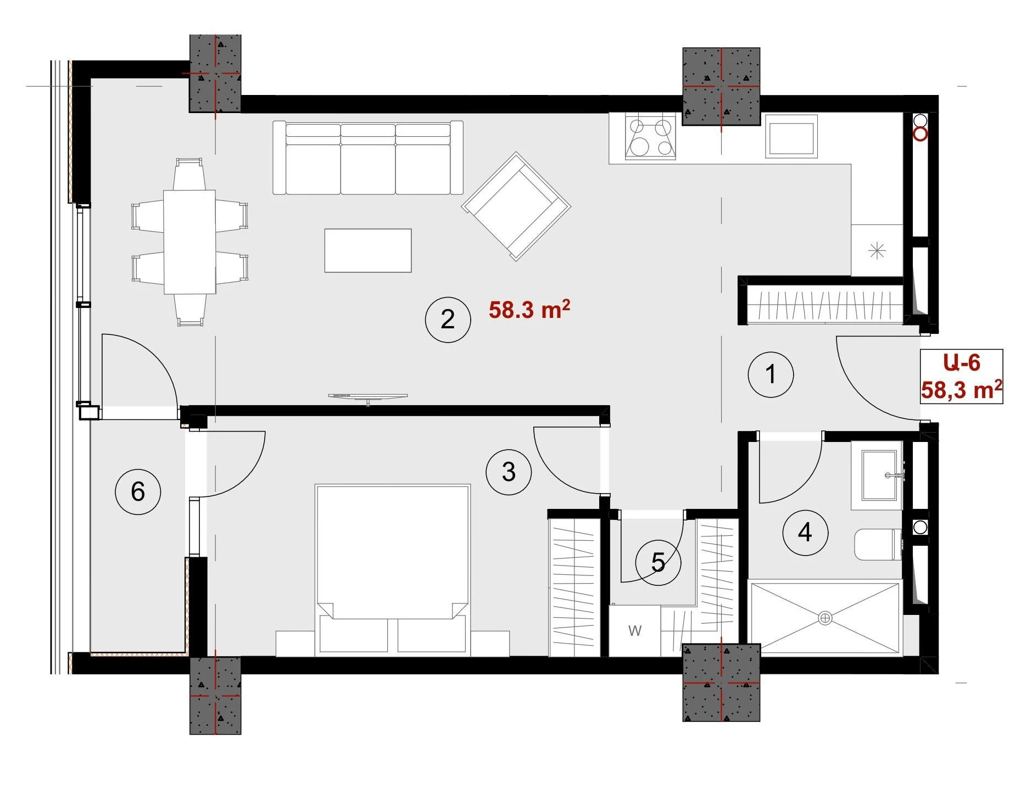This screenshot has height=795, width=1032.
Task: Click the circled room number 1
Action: point(771,374)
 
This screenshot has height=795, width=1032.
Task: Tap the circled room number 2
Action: point(448,320)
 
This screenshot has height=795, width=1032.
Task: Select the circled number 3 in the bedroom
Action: point(509,472)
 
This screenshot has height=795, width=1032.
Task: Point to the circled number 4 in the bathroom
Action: point(805,532)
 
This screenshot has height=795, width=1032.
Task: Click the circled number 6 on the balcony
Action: point(138,491)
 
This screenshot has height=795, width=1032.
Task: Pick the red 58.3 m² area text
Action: point(529,309)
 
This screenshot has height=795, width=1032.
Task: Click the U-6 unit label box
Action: point(962,377)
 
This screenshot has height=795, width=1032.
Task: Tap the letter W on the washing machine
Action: point(635,631)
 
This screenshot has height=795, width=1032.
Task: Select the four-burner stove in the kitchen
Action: point(650,138)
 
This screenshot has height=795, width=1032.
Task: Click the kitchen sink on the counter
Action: point(791,137)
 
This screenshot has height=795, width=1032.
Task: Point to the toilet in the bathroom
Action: point(878,545)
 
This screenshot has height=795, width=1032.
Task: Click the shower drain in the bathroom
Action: point(825,618)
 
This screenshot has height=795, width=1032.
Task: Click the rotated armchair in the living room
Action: point(516,206)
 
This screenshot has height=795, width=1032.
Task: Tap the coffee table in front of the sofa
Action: point(368,250)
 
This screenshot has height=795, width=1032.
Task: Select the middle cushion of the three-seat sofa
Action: point(368,159)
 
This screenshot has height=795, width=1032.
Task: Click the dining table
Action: point(189,242)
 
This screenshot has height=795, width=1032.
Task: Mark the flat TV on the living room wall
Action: point(368,396)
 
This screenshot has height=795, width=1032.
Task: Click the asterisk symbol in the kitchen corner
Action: point(877,251)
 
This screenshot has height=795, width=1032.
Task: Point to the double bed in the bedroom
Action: point(393,570)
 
